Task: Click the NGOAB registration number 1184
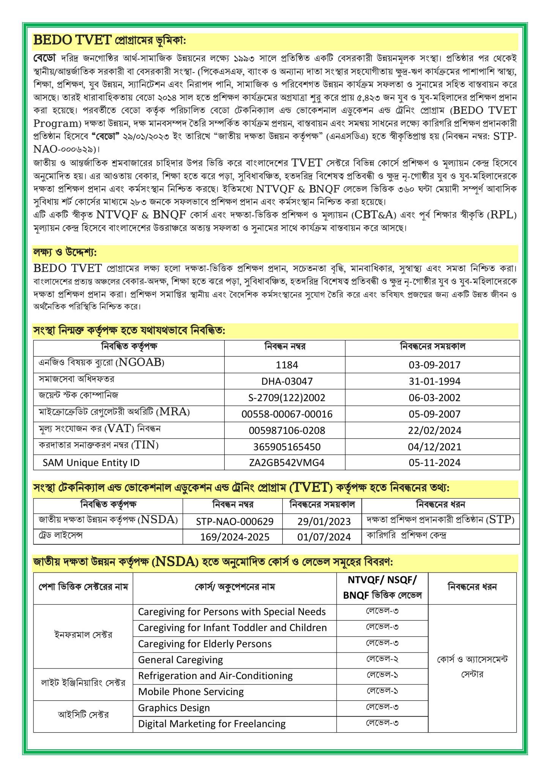(x=287, y=365)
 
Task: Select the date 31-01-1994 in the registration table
(x=434, y=381)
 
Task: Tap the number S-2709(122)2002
(x=287, y=398)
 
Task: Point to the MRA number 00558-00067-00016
(x=287, y=414)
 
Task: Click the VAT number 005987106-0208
(x=287, y=431)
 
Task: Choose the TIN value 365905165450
(x=287, y=447)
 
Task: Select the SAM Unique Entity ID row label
(x=91, y=463)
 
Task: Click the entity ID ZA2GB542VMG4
(x=287, y=463)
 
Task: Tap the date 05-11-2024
(x=434, y=463)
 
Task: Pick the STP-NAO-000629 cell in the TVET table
(x=235, y=521)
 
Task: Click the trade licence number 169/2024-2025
(x=235, y=537)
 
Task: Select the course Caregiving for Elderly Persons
(x=205, y=644)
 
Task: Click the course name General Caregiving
(x=180, y=660)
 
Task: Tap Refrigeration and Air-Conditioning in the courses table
(x=215, y=676)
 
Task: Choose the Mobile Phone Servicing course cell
(x=191, y=692)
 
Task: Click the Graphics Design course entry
(x=174, y=708)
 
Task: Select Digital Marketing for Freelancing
(x=211, y=724)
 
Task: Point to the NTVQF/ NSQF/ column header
(x=382, y=580)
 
